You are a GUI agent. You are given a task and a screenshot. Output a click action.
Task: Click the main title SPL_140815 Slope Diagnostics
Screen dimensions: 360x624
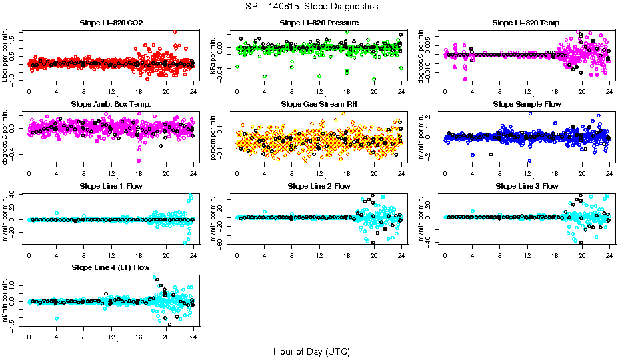312,7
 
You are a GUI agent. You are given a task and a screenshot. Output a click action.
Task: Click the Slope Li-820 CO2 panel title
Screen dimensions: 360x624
111,23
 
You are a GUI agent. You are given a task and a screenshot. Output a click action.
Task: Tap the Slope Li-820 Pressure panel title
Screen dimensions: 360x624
319,23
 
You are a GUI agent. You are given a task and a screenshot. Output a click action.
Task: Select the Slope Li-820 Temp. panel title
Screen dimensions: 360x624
527,23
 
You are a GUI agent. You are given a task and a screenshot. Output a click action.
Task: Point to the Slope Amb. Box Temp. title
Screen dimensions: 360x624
111,104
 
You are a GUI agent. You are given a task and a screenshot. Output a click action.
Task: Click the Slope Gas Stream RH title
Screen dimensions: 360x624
319,104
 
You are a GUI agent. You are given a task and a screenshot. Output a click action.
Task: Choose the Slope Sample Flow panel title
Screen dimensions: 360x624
527,104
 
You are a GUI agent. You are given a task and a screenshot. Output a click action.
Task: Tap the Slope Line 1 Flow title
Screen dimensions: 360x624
111,186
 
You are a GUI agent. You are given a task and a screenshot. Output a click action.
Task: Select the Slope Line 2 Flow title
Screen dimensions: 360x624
319,186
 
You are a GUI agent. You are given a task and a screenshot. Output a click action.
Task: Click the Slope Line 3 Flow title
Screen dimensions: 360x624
527,186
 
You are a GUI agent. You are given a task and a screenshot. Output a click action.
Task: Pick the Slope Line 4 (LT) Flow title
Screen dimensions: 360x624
111,267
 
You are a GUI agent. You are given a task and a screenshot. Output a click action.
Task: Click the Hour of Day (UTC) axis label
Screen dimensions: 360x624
311,351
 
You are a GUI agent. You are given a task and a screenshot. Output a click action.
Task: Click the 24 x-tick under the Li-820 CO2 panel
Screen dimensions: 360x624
193,91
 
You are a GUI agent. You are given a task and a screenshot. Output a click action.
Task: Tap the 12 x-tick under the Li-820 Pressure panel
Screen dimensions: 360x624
319,91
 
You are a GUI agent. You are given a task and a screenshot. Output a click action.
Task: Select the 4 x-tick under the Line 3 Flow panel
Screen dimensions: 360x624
473,255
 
